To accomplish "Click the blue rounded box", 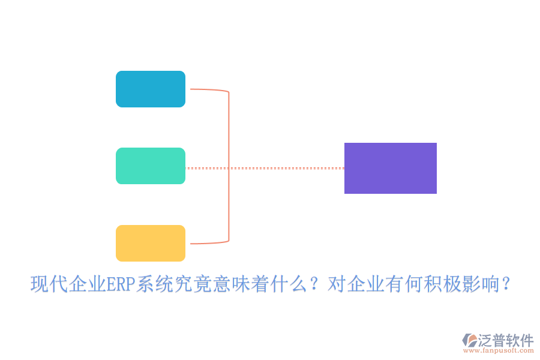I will click(151, 89).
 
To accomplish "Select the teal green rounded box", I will click(151, 166).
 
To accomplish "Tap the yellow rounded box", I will click(151, 243).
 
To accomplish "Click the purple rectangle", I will click(390, 168).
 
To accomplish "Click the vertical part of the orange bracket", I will click(229, 168).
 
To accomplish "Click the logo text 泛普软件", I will click(505, 340).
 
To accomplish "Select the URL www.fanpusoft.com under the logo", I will click(500, 351).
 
